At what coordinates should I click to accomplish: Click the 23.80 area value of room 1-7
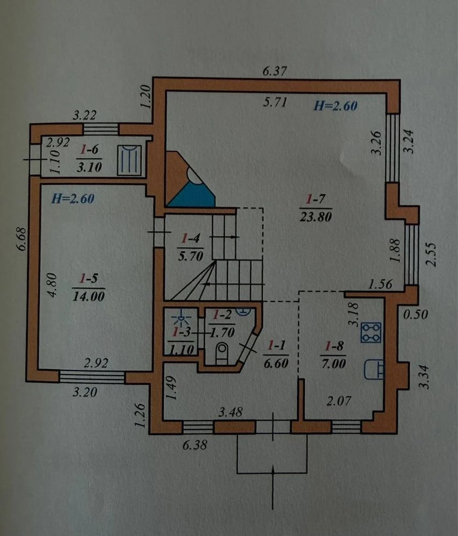point(316,217)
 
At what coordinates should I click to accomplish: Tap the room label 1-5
point(88,279)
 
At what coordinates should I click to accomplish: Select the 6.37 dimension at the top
point(275,71)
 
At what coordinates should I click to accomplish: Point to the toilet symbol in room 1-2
point(221,353)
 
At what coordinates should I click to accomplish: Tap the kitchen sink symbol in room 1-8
point(374,369)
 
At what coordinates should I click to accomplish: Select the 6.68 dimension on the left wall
point(22,239)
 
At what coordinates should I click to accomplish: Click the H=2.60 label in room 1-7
point(336,106)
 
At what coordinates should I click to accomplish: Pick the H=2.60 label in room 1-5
point(72,199)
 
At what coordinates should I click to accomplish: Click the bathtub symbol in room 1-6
point(129,160)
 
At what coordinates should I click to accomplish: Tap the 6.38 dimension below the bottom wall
point(195,445)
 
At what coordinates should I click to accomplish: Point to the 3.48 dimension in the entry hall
point(231,412)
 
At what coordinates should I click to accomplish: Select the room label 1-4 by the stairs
point(190,238)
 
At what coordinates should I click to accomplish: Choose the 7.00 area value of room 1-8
point(333,363)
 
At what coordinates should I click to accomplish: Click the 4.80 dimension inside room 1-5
point(52,285)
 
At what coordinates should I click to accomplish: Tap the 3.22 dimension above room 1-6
point(85,115)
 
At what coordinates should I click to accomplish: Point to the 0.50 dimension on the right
point(415,314)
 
